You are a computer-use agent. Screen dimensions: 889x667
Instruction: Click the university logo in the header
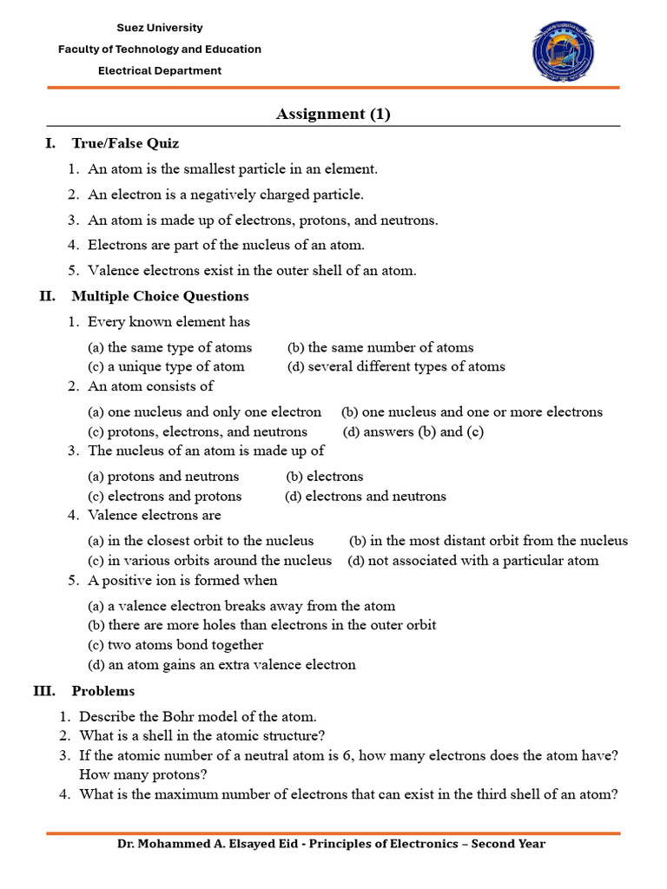(564, 53)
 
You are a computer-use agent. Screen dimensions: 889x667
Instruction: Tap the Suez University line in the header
(160, 28)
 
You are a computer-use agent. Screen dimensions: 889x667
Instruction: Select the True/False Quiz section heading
(125, 143)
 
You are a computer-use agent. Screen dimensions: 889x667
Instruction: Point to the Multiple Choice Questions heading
(160, 296)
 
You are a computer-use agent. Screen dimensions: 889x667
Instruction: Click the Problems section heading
(103, 691)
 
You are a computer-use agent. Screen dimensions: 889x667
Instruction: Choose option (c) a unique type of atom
(166, 366)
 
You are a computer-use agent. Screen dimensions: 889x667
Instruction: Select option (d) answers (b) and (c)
(413, 431)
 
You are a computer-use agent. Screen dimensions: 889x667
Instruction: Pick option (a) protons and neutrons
(163, 476)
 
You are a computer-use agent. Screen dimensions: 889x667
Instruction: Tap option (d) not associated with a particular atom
(473, 560)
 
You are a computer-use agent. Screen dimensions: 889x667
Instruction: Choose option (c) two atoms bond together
(175, 645)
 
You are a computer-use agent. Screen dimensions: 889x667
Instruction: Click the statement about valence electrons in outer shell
(252, 270)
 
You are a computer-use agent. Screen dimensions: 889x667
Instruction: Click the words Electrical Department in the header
(160, 71)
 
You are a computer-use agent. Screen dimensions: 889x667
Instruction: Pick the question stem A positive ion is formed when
(182, 580)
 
